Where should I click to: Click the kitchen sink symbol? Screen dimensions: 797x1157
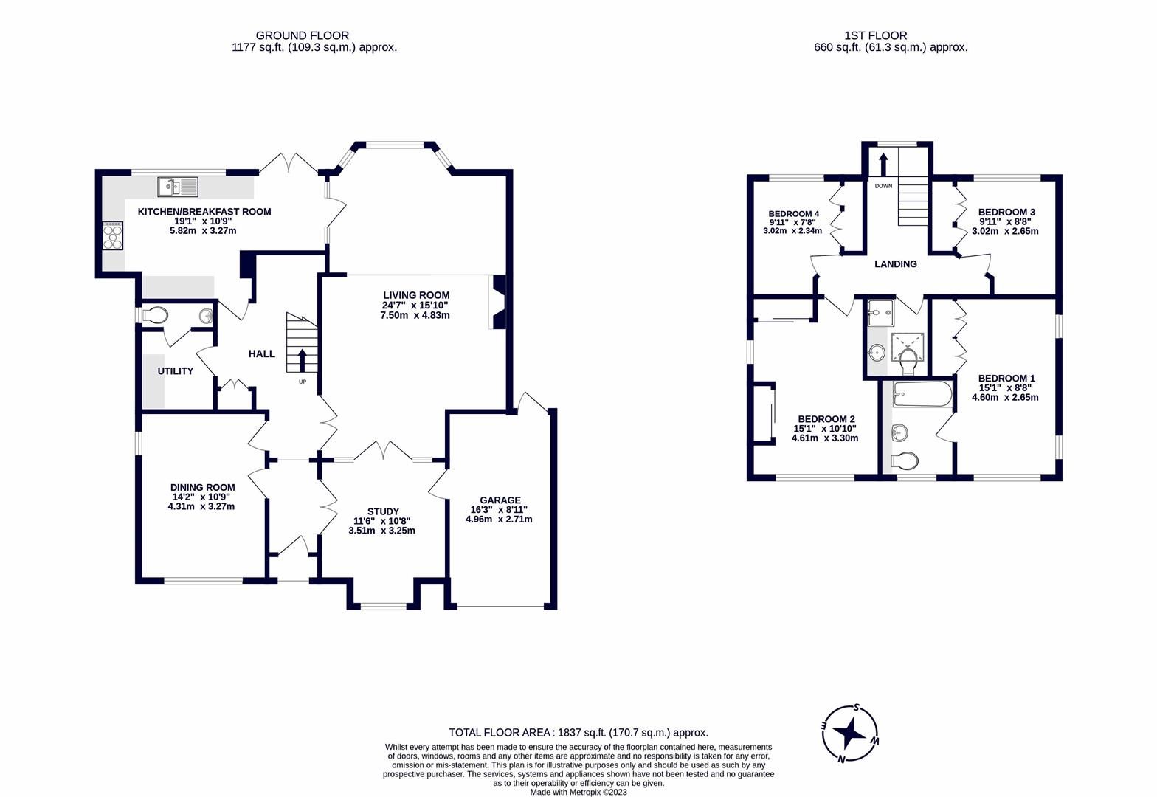pos(178,187)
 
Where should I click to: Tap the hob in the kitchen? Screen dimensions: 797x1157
pos(113,237)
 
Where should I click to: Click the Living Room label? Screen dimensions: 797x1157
pos(415,295)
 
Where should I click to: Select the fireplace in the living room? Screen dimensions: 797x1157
pos(498,302)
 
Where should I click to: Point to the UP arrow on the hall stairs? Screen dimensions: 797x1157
pos(302,362)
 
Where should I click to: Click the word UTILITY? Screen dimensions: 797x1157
pos(175,371)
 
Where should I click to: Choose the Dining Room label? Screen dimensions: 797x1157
pos(202,487)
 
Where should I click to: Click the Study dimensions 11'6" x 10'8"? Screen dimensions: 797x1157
pos(383,521)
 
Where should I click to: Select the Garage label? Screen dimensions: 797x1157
pos(500,500)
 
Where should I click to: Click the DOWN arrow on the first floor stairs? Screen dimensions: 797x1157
pos(883,162)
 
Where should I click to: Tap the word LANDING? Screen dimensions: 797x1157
pos(895,264)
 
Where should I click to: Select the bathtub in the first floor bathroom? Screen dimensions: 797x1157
pos(922,395)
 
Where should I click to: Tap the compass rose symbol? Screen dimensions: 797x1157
pos(852,733)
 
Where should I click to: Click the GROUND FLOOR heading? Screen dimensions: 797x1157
pos(302,35)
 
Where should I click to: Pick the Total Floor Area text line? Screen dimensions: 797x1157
pos(578,732)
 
